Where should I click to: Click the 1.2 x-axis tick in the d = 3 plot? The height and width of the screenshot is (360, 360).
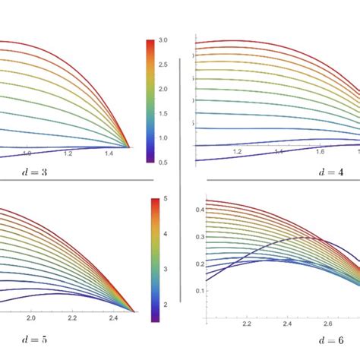(68, 153)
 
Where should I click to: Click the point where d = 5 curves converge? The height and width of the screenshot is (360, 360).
(134, 311)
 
